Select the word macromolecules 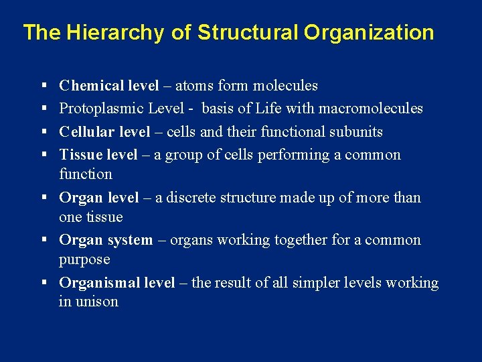pos(372,109)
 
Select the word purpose pos(84,259)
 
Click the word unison pos(97,302)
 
